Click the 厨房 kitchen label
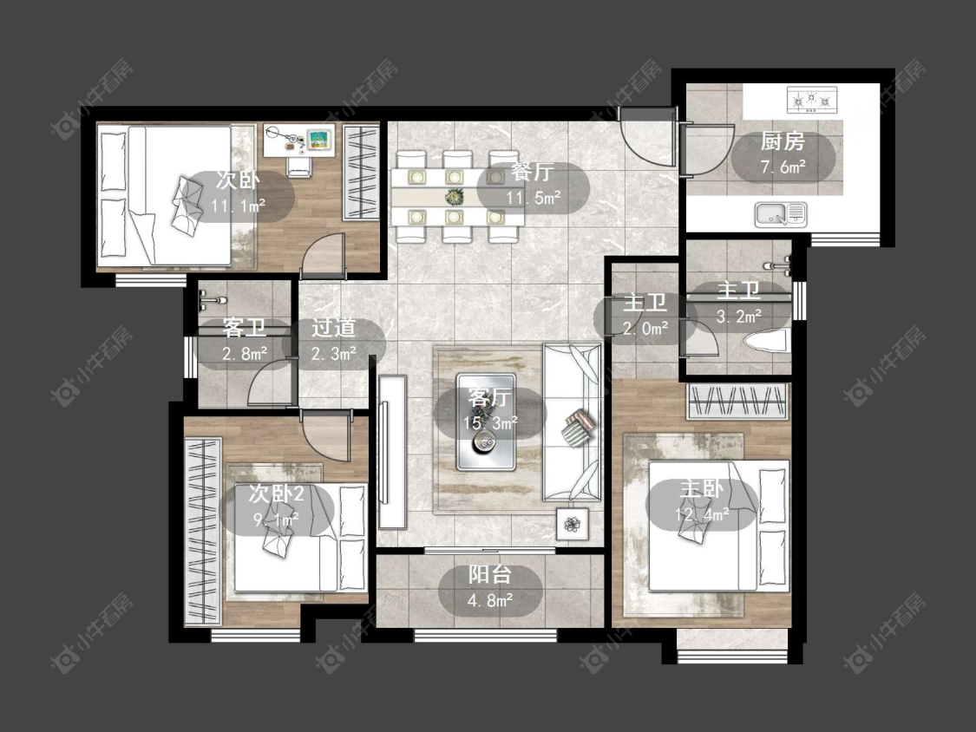click(783, 141)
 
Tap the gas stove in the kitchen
click(812, 101)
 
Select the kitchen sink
click(781, 214)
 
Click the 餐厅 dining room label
click(533, 172)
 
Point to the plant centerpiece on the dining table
click(455, 198)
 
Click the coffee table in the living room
click(486, 422)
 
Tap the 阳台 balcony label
click(490, 574)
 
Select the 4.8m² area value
click(490, 601)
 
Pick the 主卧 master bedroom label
click(702, 488)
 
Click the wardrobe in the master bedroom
click(737, 402)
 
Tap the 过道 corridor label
click(334, 328)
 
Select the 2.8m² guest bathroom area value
click(245, 354)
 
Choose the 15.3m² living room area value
click(490, 423)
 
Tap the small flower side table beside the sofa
click(572, 524)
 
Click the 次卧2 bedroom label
click(276, 493)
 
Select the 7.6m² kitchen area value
click(783, 167)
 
